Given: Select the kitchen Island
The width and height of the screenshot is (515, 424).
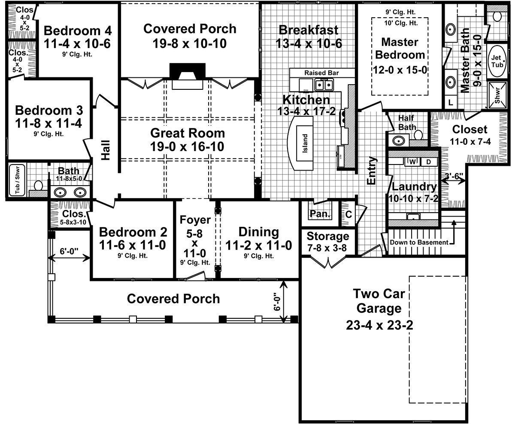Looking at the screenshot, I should [x=305, y=141].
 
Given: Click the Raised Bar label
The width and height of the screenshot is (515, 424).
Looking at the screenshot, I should [x=321, y=73].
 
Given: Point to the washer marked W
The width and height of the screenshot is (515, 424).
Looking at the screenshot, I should [x=412, y=162].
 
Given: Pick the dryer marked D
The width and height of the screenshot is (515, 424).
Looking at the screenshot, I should [x=427, y=162].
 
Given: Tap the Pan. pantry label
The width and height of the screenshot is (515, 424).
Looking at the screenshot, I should [x=319, y=214].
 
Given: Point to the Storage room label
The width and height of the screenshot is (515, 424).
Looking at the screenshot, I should [x=328, y=236].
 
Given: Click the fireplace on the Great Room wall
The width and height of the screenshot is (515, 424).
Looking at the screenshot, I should [x=188, y=76].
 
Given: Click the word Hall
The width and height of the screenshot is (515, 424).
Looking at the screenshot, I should [x=106, y=150].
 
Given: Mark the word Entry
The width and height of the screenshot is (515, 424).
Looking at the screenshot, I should [x=372, y=171].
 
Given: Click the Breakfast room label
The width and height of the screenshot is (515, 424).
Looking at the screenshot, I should [x=308, y=30].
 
